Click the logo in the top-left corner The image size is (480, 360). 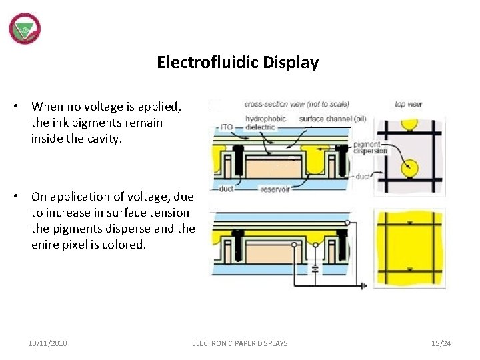[x=25, y=29]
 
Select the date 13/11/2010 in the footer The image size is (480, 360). [x=47, y=343]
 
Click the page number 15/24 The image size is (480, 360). [x=441, y=343]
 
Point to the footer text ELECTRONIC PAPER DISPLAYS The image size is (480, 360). [x=240, y=343]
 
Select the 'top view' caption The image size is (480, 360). [x=408, y=105]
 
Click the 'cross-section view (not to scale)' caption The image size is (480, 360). [x=296, y=105]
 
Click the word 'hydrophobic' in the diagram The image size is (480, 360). [x=265, y=119]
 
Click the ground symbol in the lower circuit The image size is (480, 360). [x=364, y=287]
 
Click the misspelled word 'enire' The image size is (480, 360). [x=45, y=245]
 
